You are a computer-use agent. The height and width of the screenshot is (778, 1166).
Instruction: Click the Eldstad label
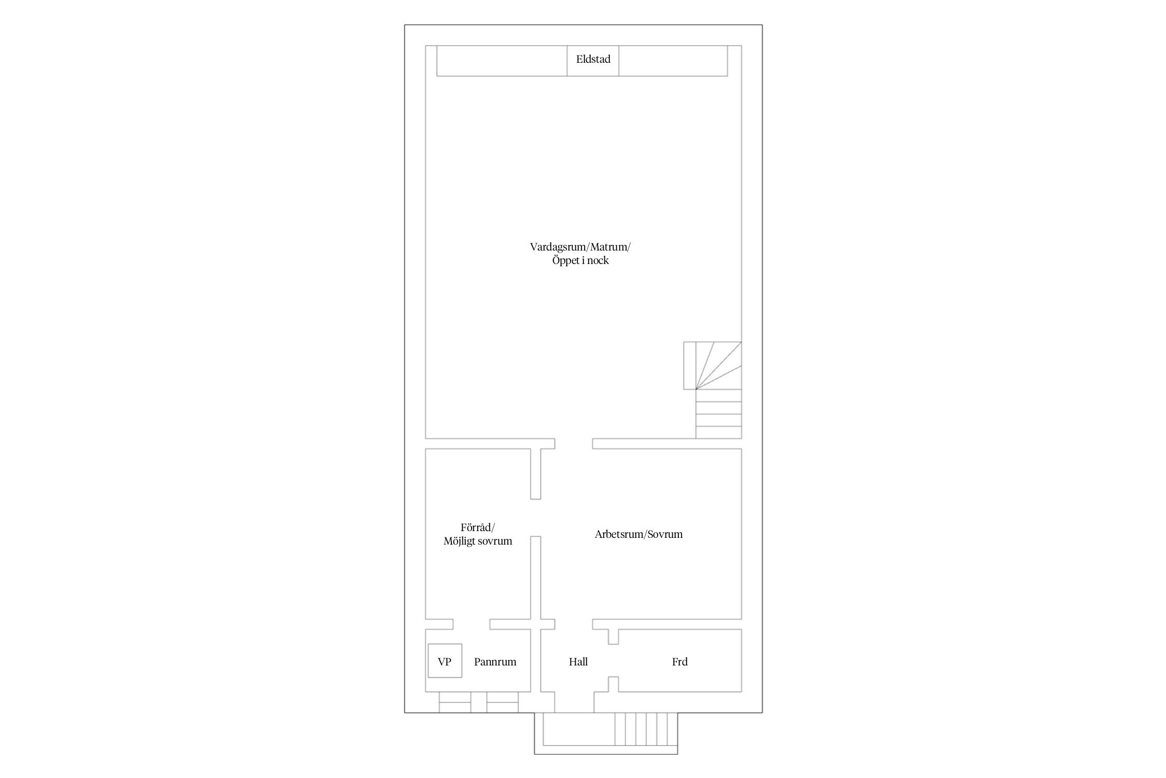[x=593, y=59]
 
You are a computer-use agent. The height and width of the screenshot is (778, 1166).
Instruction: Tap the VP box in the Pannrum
[x=445, y=660]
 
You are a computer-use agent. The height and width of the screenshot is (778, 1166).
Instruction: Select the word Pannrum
[x=495, y=662]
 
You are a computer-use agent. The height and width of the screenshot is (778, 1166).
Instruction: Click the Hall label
[x=578, y=662]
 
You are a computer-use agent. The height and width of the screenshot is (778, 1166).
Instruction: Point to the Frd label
[x=679, y=662]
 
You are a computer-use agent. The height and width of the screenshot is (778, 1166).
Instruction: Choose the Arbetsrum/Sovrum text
[x=638, y=534]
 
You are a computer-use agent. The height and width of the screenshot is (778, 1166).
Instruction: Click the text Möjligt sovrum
[x=478, y=541]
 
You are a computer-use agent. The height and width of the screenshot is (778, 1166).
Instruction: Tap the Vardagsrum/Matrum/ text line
[x=580, y=247]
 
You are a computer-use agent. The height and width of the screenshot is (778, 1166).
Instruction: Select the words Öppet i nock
[x=580, y=260]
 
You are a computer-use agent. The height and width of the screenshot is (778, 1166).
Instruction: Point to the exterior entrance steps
[x=646, y=729]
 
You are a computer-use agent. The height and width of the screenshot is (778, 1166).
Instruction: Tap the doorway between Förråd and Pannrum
[x=472, y=624]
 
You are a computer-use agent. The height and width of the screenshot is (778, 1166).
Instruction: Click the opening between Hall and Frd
[x=614, y=660]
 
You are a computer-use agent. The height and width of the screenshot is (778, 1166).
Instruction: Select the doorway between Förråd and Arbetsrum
[x=535, y=518]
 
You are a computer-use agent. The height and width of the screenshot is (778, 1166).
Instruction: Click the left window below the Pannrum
[x=455, y=702]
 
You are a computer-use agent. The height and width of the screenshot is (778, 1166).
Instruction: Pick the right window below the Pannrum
[x=502, y=702]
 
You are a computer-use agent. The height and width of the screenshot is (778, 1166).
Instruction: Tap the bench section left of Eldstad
[x=502, y=61]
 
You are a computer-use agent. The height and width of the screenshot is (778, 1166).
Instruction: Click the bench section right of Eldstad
[x=673, y=61]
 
